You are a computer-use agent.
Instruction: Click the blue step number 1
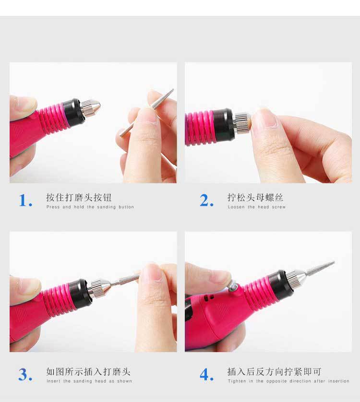pos(25,200)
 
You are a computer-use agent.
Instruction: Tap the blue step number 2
pos(206,200)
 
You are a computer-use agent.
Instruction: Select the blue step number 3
pos(25,375)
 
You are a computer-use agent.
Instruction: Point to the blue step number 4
pos(206,375)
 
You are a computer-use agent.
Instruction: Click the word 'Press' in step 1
pos(53,207)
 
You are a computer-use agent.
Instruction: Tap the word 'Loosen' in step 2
pos(236,207)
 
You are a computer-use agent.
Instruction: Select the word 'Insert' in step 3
pos(53,381)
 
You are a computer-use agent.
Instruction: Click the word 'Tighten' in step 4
pos(237,381)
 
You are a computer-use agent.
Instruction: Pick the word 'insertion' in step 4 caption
pos(338,381)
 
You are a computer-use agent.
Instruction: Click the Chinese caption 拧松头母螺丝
pos(255,198)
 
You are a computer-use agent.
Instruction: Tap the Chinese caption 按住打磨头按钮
pos(79,198)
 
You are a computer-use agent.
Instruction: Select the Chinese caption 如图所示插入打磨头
pos(88,371)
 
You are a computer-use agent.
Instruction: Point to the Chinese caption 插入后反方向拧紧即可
pos(274,371)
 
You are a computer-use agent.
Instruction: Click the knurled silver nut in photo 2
pos(241,123)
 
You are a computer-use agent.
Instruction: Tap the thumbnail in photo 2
pos(265,118)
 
